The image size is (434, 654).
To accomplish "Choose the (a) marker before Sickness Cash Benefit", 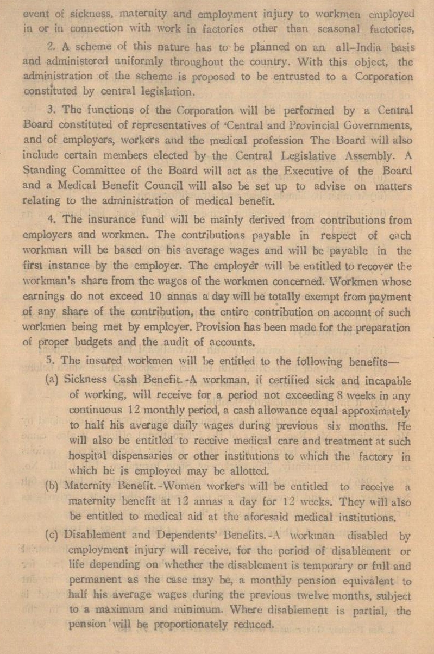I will point(53,380).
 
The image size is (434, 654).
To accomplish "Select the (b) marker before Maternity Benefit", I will point(53,487).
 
